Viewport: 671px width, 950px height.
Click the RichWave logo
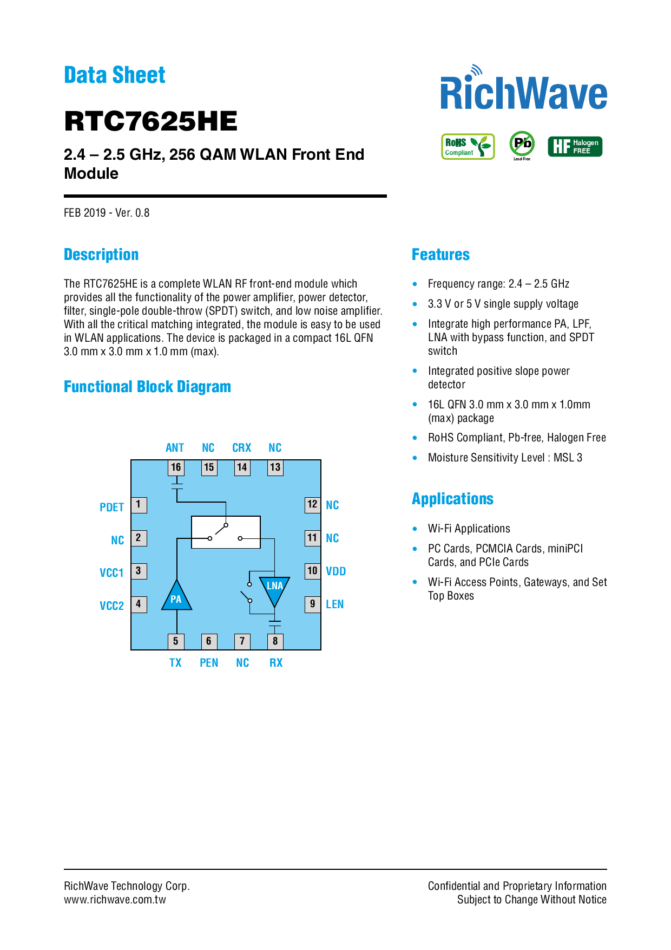[x=523, y=88]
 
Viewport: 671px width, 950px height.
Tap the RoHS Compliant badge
[x=468, y=147]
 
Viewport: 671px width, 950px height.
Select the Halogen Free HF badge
[x=575, y=146]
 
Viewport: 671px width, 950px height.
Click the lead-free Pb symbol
[x=522, y=144]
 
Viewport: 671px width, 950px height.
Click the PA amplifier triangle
[x=176, y=596]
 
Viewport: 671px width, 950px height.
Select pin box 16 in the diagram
[x=176, y=467]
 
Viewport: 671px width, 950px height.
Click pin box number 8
[x=275, y=641]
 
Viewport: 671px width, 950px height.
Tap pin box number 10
[x=313, y=571]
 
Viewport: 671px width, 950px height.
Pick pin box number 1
[x=139, y=505]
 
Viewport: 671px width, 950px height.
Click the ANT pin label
[x=175, y=448]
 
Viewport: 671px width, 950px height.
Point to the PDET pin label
[x=112, y=507]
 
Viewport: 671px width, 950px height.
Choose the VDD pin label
[x=336, y=571]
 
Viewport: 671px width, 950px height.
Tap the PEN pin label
[x=209, y=663]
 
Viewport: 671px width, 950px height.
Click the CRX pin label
[x=242, y=448]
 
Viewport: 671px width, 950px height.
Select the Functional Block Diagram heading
[x=147, y=387]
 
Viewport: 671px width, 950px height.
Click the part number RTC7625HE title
[x=150, y=121]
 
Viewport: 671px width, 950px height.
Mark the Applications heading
[x=453, y=499]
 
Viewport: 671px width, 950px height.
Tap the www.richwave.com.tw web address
[x=115, y=900]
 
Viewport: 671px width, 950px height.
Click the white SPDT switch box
[x=226, y=532]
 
